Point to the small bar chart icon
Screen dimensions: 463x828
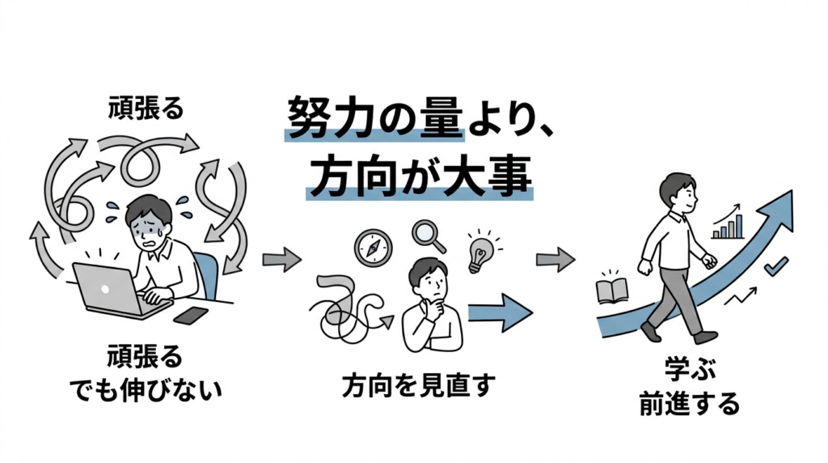coord(728,226)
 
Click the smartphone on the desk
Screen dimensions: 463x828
coord(191,315)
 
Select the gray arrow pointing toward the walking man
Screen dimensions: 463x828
coord(556,260)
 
